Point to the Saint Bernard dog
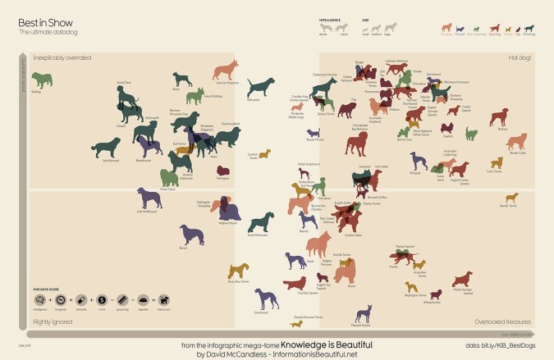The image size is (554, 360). pyautogui.click(x=107, y=148)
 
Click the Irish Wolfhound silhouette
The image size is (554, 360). pyautogui.click(x=149, y=198)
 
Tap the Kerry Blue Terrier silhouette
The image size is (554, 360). pyautogui.click(x=238, y=270)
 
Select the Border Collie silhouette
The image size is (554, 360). pyautogui.click(x=517, y=143)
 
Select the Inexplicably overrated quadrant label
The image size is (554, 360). pyautogui.click(x=62, y=57)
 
